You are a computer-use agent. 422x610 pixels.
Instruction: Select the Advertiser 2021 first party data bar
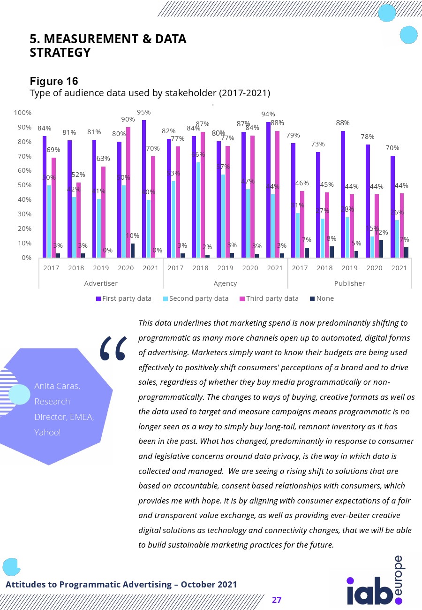click(144, 189)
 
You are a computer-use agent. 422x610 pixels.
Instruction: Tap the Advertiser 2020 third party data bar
click(128, 192)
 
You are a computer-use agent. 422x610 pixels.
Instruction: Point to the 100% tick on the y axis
click(23, 113)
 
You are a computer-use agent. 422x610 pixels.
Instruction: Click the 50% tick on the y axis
click(24, 185)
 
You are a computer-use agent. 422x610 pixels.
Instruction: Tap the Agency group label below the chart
click(225, 283)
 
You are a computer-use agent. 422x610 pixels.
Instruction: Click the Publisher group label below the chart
click(349, 283)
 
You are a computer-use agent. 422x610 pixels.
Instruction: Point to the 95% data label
click(143, 113)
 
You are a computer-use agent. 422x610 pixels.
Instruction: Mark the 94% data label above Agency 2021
click(268, 114)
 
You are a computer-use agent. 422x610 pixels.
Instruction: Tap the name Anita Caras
click(57, 386)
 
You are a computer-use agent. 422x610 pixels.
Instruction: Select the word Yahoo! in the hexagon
click(47, 432)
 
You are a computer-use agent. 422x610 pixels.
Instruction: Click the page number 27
click(277, 600)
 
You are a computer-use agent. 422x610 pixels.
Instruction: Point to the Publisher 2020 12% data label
click(382, 232)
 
